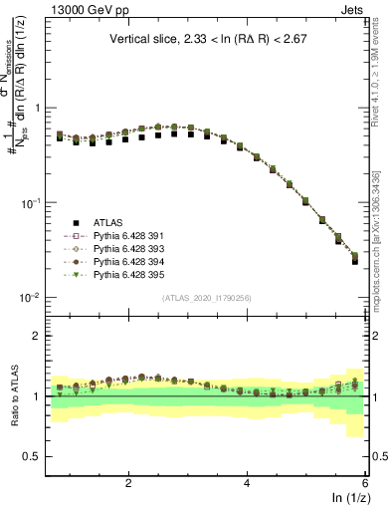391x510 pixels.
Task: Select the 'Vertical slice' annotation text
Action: click(206, 40)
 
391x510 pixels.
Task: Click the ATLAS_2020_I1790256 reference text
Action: click(206, 298)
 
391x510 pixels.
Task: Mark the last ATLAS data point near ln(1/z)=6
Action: click(355, 261)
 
